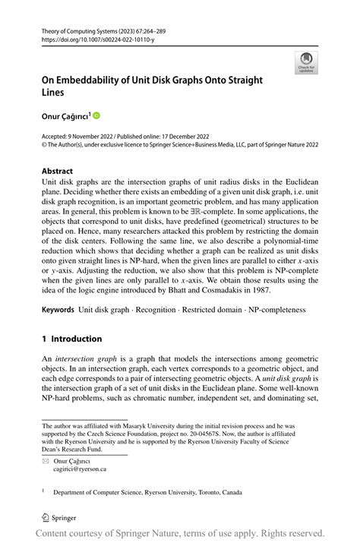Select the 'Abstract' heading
pos(58,172)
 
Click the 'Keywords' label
pos(58,310)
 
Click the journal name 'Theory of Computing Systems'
pos(89,28)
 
